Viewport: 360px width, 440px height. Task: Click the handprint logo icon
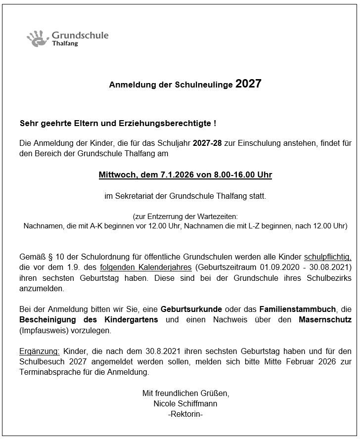point(37,38)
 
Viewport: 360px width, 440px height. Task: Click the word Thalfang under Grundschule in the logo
point(64,44)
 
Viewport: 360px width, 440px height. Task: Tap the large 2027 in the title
point(248,84)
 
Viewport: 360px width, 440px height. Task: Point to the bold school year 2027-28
point(208,143)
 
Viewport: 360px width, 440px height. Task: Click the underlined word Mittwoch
point(116,175)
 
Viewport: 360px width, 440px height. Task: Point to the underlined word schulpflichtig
point(327,257)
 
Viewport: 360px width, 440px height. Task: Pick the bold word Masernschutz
point(325,320)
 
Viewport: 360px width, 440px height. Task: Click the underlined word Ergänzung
point(40,351)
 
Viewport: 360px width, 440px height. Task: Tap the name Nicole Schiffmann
point(185,403)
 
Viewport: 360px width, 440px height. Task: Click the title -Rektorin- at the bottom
point(185,414)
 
